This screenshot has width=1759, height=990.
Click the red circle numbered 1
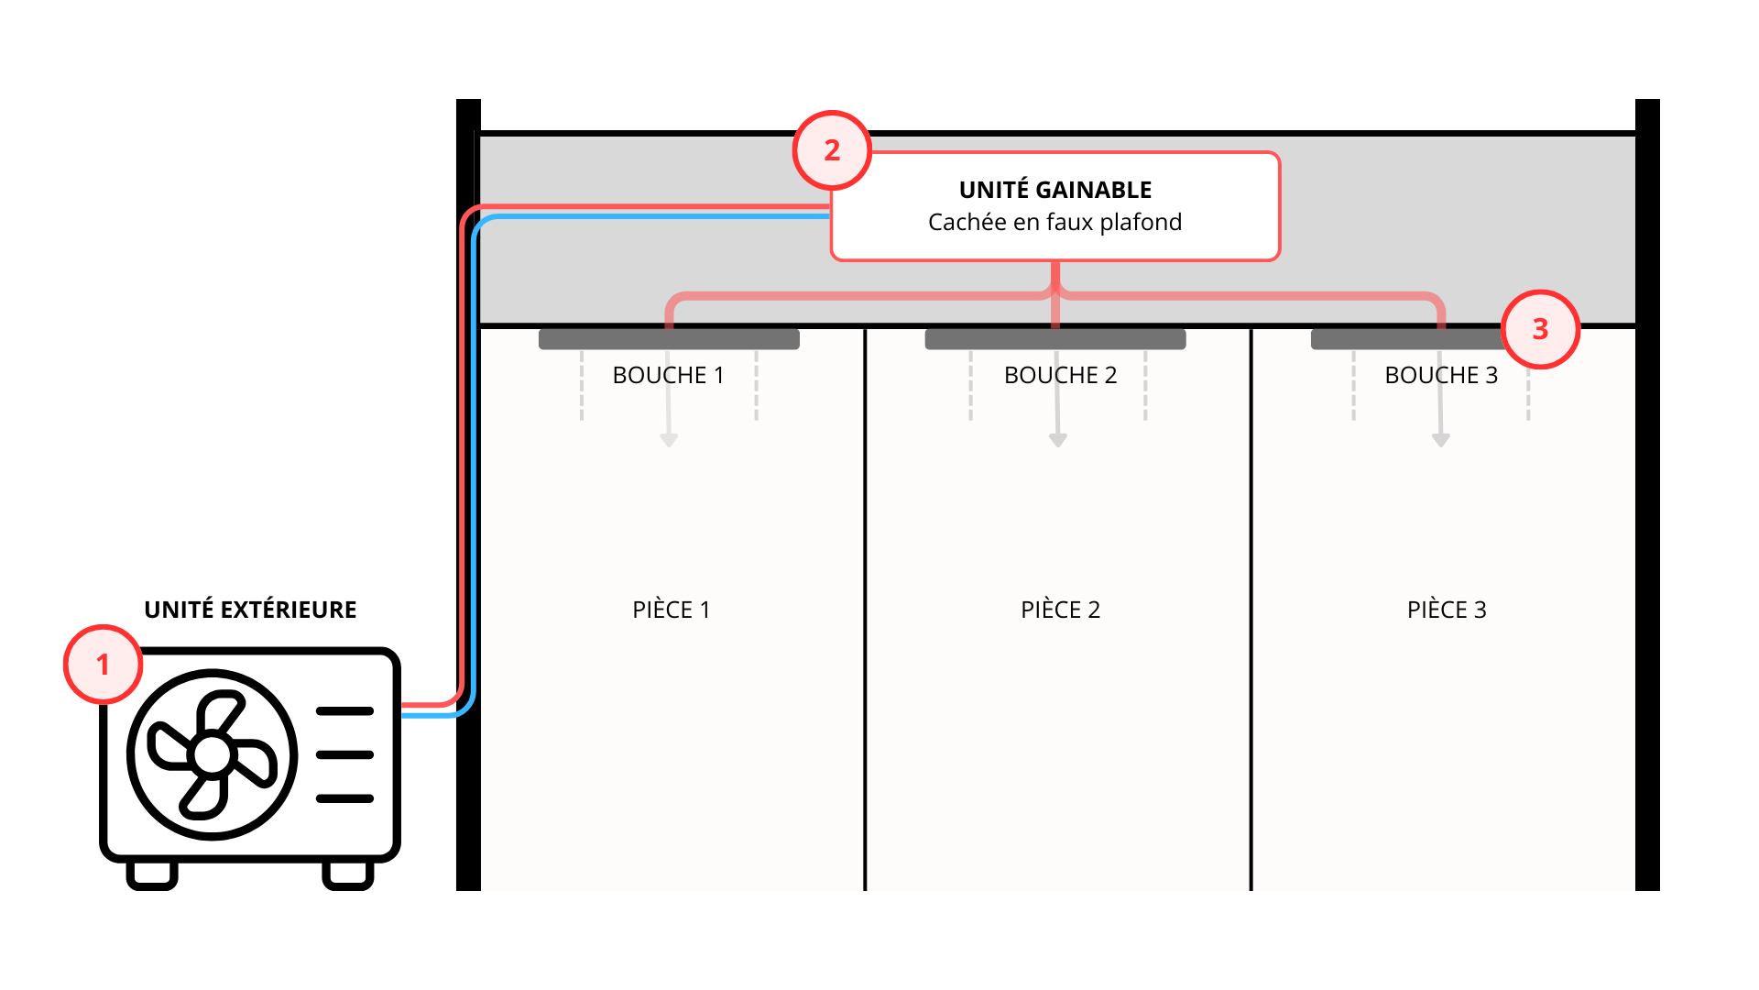point(103,665)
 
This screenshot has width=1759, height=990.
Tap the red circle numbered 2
point(832,150)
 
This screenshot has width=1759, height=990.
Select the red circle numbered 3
point(1540,329)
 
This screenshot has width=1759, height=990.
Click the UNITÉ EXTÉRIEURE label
point(250,610)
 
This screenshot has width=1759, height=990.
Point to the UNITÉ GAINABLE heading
point(1054,190)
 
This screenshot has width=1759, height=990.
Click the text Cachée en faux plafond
point(1054,222)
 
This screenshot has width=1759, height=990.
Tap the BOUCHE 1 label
point(668,375)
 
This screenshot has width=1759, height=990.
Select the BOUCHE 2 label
point(1060,375)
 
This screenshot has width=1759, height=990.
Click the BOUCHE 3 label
point(1441,375)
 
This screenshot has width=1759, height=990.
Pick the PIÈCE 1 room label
point(671,610)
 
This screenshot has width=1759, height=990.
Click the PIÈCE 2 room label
point(1060,610)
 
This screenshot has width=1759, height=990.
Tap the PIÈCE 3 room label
point(1447,610)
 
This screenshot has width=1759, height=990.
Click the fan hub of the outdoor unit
point(213,755)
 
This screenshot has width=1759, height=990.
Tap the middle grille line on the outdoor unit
point(344,754)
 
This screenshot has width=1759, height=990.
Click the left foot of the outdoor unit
point(152,876)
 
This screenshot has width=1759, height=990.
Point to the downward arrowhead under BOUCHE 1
point(669,441)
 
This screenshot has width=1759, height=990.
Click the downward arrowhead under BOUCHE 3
point(1441,441)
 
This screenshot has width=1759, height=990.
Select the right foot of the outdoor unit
point(348,876)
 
